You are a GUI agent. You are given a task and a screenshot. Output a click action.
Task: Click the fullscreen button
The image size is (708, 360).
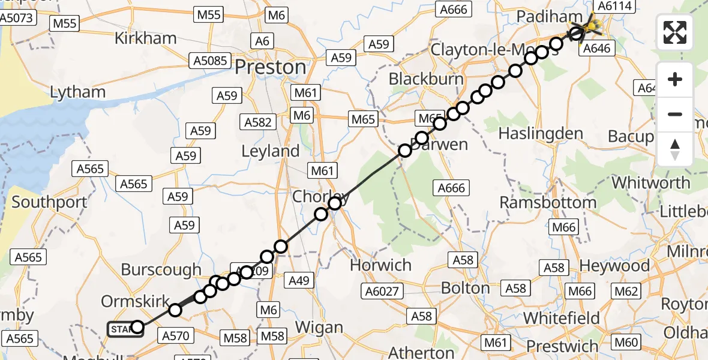coord(675,32)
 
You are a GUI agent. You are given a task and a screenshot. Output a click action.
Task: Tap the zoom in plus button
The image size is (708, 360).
coord(675,80)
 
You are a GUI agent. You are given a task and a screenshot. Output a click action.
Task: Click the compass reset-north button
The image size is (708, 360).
coord(675,150)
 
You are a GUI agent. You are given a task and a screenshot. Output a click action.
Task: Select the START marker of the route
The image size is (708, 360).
coord(125,329)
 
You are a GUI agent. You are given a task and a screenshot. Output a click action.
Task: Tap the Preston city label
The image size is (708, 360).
coord(270,67)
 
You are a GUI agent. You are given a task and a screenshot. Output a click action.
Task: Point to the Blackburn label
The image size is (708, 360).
coord(426,79)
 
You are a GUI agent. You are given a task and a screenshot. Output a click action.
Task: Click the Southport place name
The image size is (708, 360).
coord(49,202)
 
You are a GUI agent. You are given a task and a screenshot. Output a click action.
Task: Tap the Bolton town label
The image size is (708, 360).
coord(466,288)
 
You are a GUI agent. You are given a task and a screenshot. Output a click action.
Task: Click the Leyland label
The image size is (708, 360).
coord(270,151)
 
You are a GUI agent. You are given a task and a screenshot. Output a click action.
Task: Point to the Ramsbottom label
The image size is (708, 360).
coord(548,202)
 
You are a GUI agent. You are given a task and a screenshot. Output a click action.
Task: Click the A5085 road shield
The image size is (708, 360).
coord(210,61)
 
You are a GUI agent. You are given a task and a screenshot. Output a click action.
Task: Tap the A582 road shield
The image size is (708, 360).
coord(259,122)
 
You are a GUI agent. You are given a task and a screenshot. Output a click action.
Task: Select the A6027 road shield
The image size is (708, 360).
coord(382,292)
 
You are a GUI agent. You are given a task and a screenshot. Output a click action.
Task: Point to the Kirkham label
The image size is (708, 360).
coord(146,38)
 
